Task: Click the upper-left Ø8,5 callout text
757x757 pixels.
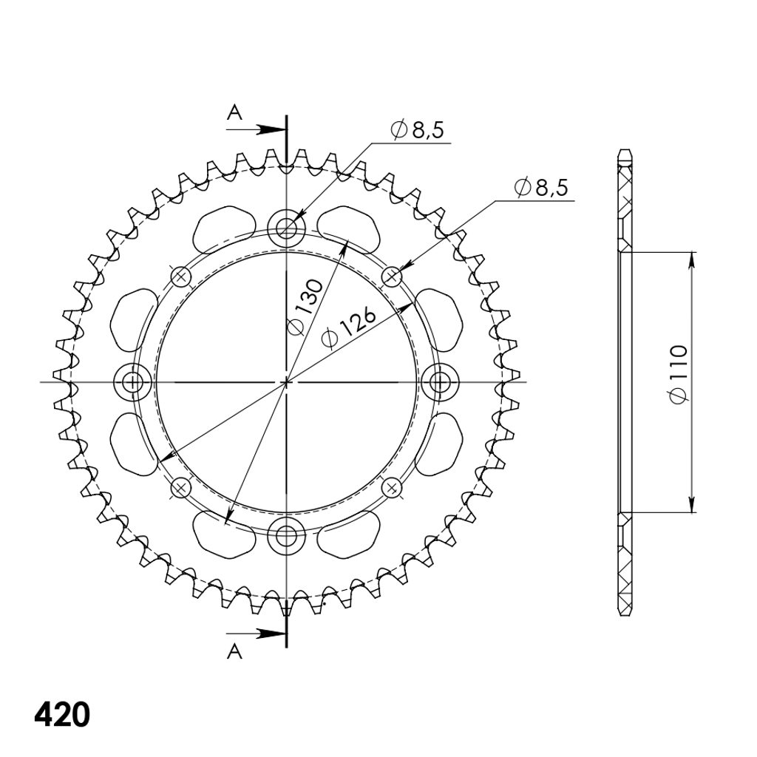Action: click(x=418, y=130)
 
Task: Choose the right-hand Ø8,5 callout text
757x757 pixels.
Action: click(x=541, y=187)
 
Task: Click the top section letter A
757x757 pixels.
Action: click(x=234, y=112)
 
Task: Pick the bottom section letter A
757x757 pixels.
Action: click(x=234, y=652)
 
